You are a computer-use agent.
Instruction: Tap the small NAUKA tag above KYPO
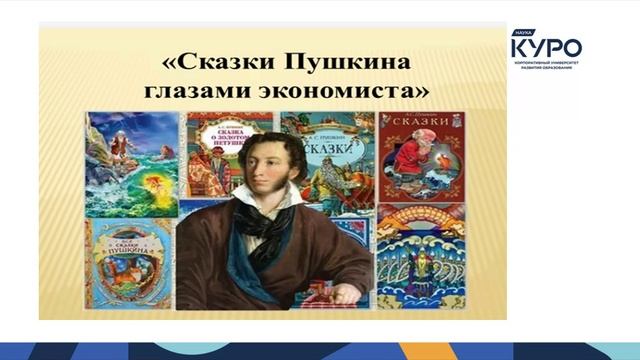click(519, 33)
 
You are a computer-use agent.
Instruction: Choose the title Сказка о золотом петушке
click(229, 134)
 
